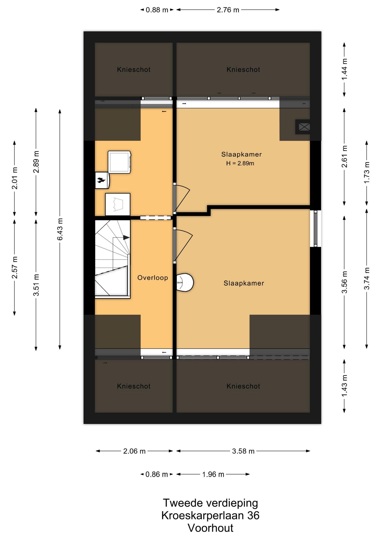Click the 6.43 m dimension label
tap(60, 229)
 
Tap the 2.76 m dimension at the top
tap(228, 10)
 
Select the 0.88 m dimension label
tap(157, 10)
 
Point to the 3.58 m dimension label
tap(243, 451)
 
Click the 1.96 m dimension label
tap(213, 474)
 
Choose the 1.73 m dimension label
tap(367, 173)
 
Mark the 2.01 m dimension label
tap(15, 178)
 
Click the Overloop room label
tap(153, 278)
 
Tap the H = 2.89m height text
tap(240, 163)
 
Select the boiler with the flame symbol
tap(102, 180)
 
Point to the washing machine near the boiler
tap(120, 162)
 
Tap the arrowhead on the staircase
tap(126, 237)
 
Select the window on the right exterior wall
tap(315, 229)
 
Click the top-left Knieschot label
tap(134, 70)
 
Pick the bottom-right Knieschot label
tap(243, 386)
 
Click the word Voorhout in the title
tap(210, 528)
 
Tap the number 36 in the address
tap(253, 515)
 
